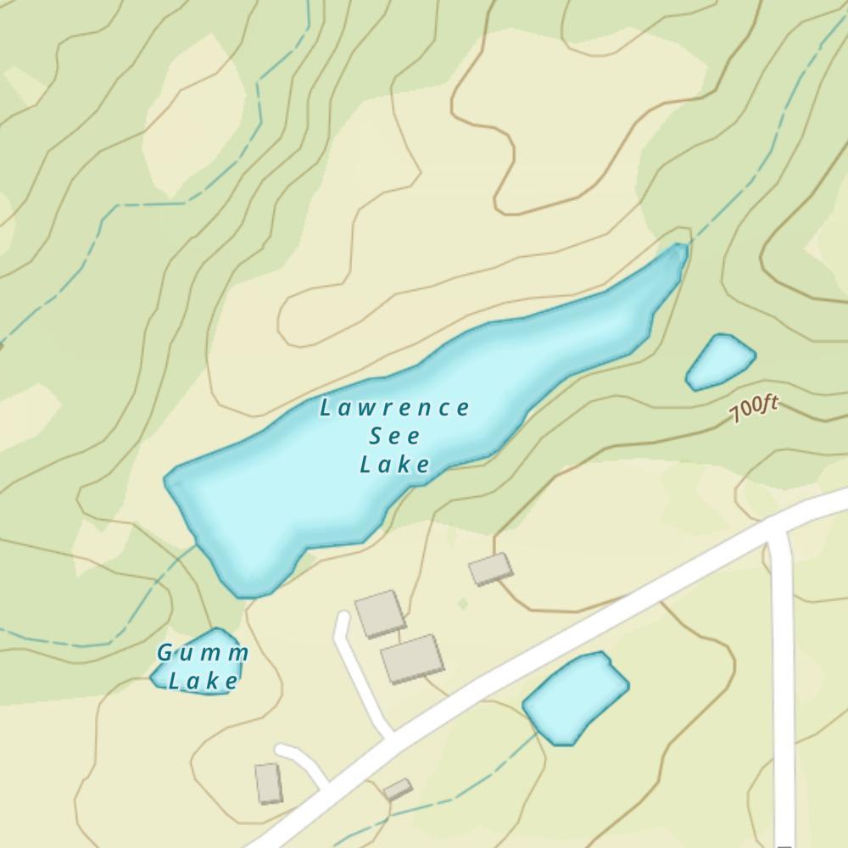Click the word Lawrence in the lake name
coord(394,409)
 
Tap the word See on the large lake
coord(395,437)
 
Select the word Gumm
coord(204,653)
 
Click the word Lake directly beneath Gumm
coord(204,680)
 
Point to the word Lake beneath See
coord(395,465)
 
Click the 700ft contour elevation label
coord(753,410)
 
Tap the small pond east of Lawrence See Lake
coord(720,361)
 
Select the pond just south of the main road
coord(575,698)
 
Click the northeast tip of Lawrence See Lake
coord(680,248)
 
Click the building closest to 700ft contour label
coord(491,568)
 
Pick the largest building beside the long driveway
coord(412,659)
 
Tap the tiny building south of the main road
coord(397,789)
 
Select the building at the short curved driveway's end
coord(268,783)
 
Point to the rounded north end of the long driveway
coord(343,617)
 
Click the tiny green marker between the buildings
coord(462,604)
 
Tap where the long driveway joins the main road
coord(392,734)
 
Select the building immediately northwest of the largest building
coord(380,614)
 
